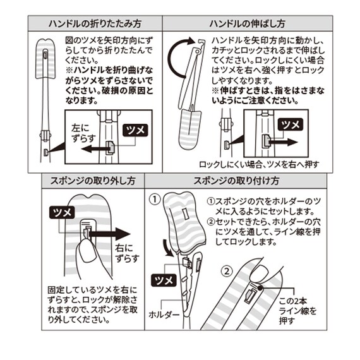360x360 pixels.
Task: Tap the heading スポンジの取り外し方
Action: pos(88,181)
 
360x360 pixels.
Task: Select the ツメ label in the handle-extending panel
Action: pos(292,124)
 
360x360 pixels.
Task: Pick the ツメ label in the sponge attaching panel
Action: pos(162,279)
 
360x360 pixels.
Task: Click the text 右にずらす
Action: pos(126,255)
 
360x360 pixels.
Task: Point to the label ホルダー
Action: pos(164,313)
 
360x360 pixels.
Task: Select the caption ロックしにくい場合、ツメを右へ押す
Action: pos(259,164)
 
